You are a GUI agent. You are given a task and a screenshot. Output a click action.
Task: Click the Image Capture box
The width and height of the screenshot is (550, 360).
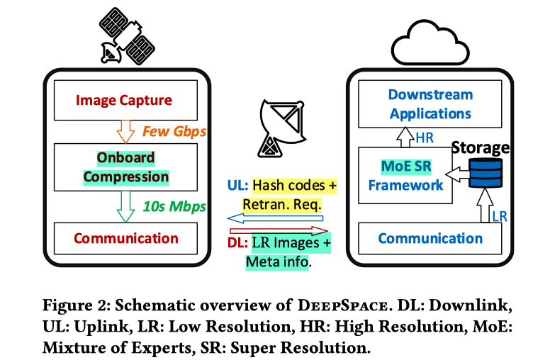point(124,101)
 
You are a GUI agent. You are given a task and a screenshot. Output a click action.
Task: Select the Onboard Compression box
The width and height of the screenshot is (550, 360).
point(124,167)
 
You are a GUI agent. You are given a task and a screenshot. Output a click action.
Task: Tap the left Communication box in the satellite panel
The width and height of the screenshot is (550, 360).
point(124,237)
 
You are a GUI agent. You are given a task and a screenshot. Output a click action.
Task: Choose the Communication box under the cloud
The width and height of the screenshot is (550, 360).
point(430,238)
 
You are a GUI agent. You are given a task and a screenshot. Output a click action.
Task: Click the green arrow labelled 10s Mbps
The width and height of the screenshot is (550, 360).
point(125,206)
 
